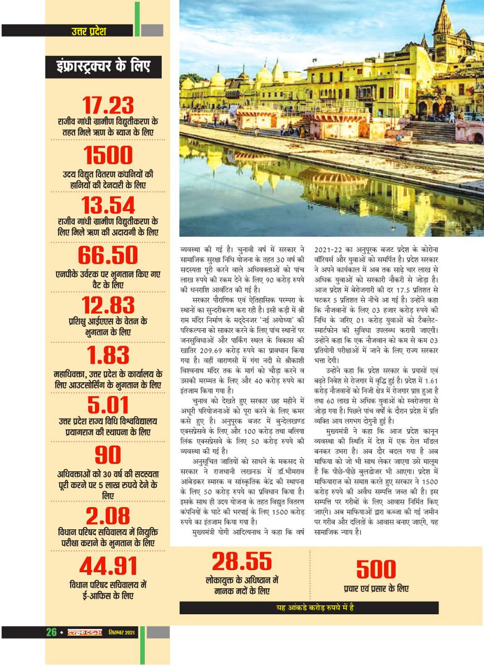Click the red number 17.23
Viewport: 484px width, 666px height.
(x=108, y=106)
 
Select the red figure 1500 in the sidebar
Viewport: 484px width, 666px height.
(x=108, y=155)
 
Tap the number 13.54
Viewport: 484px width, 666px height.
(x=108, y=205)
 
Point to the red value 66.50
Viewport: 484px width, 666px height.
(x=108, y=255)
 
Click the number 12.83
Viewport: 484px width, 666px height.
(x=108, y=305)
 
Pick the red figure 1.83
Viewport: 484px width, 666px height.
(x=108, y=355)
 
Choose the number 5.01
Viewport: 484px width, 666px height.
(x=108, y=405)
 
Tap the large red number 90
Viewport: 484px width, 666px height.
(x=108, y=455)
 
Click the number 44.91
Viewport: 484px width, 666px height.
(x=108, y=566)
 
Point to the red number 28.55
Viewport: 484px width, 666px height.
(x=242, y=561)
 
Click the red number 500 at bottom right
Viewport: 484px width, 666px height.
(x=376, y=569)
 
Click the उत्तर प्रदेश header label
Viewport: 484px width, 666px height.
(x=89, y=31)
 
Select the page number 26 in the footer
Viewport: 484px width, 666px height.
(x=52, y=632)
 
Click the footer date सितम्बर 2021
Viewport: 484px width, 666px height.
(x=122, y=632)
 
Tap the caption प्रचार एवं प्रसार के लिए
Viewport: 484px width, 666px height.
(x=376, y=588)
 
